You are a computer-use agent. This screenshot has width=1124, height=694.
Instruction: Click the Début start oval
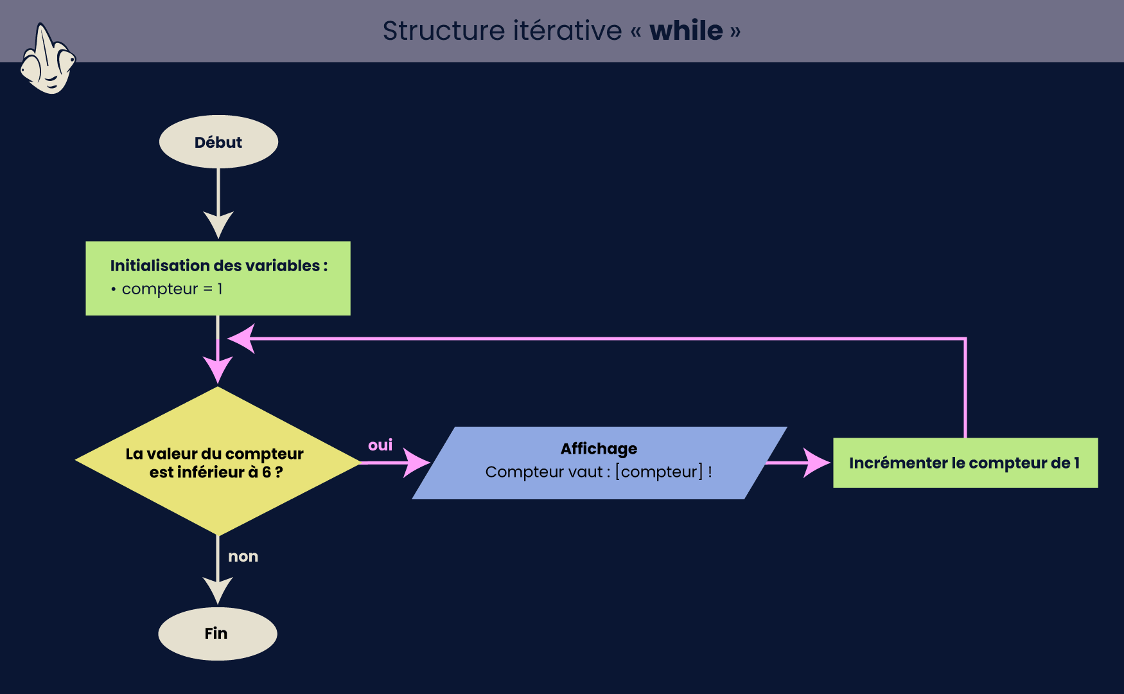tap(218, 142)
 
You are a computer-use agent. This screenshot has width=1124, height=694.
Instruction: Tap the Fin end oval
tap(218, 634)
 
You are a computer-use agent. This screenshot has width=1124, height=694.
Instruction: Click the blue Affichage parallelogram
tap(599, 463)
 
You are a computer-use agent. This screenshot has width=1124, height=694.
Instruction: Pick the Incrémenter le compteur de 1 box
tap(965, 463)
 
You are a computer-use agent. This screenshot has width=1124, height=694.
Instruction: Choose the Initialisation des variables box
tap(218, 278)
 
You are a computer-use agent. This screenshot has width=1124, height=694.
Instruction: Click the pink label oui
tap(380, 445)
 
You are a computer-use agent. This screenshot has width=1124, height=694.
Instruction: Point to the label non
tap(243, 556)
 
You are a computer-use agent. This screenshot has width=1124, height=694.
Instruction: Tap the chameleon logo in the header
tap(48, 59)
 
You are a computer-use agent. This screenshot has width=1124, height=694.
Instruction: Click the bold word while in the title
tap(686, 30)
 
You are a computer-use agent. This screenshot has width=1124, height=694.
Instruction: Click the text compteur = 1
tap(172, 289)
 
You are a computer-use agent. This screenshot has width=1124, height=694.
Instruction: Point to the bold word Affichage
tap(599, 449)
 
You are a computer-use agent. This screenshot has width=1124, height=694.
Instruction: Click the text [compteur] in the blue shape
tap(659, 472)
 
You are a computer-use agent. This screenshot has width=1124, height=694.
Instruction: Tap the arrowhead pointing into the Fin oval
tap(218, 590)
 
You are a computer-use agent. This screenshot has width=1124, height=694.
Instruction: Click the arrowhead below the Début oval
tap(218, 225)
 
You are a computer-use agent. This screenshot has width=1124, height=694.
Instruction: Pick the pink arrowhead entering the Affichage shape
tap(417, 462)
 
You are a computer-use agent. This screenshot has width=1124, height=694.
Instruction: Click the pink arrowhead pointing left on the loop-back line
tap(241, 339)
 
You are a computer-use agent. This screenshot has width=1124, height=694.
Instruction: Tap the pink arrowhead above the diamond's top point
tap(218, 370)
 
